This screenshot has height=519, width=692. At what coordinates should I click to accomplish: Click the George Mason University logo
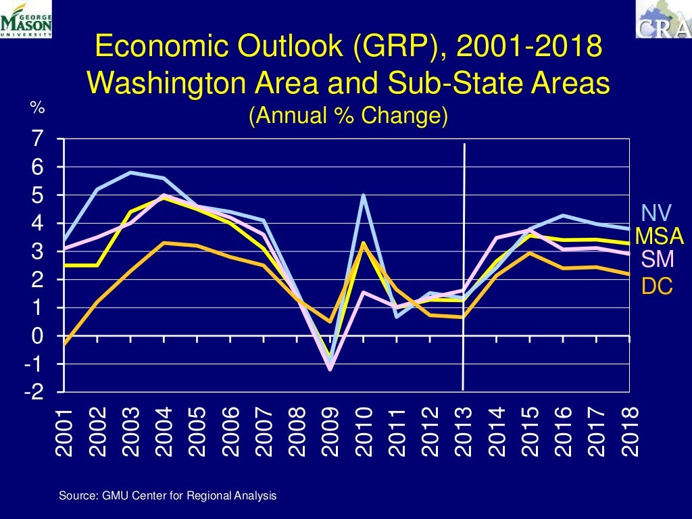coord(26,19)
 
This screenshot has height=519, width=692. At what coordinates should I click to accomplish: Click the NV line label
coord(656,214)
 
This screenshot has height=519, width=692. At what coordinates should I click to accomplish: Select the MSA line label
coord(660,237)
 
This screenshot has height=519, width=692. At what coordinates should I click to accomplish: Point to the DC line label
coord(657,287)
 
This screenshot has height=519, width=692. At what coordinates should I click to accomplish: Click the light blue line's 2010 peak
coord(364,195)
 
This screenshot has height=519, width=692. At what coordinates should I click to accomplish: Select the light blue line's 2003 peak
coord(130,172)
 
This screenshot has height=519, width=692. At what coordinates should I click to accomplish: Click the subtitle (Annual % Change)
coord(348,116)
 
